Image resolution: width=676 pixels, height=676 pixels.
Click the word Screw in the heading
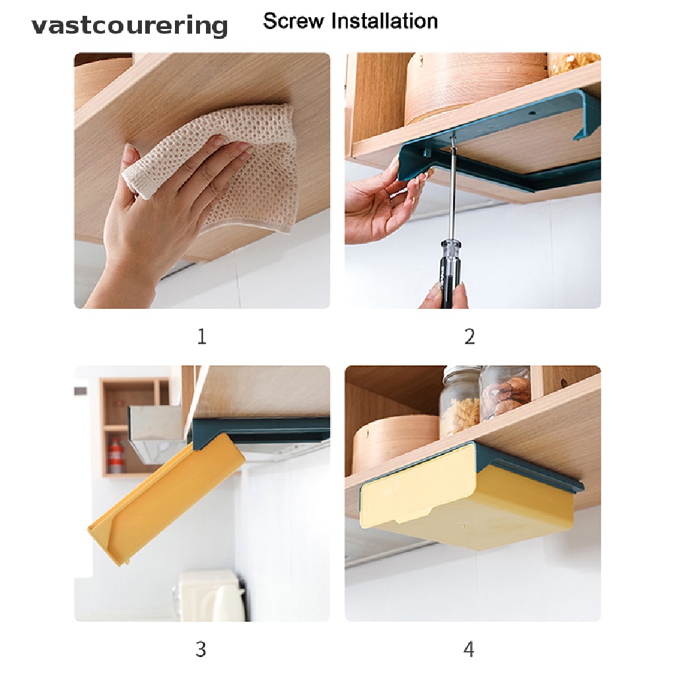(x=293, y=20)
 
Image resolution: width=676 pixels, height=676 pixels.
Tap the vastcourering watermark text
(x=129, y=26)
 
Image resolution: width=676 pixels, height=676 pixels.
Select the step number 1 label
(x=202, y=336)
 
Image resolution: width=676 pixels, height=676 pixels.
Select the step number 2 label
(x=470, y=336)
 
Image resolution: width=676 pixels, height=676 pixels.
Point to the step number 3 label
(x=201, y=650)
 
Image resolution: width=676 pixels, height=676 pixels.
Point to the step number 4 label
(x=469, y=650)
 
